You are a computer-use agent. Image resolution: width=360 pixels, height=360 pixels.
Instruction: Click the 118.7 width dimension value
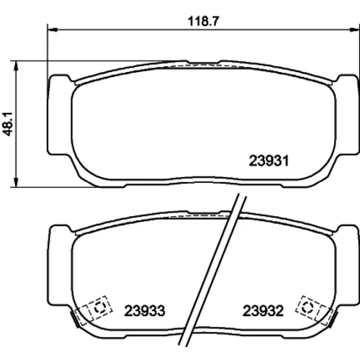[204, 21]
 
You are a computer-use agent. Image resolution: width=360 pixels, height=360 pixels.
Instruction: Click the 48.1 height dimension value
[8, 125]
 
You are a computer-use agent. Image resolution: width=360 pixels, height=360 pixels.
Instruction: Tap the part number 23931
[269, 161]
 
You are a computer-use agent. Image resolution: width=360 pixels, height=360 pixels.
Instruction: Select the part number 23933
[145, 310]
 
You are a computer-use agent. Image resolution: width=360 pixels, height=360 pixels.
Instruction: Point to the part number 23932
[263, 310]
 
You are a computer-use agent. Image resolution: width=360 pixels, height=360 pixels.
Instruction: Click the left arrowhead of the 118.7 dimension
[53, 30]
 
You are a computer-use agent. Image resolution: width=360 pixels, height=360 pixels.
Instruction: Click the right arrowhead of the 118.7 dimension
[354, 30]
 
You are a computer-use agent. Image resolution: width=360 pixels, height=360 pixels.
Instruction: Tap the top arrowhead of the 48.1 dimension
[16, 66]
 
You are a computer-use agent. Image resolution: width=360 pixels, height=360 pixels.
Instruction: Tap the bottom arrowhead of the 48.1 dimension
[16, 182]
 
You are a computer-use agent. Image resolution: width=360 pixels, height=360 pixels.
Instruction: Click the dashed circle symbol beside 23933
[99, 307]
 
